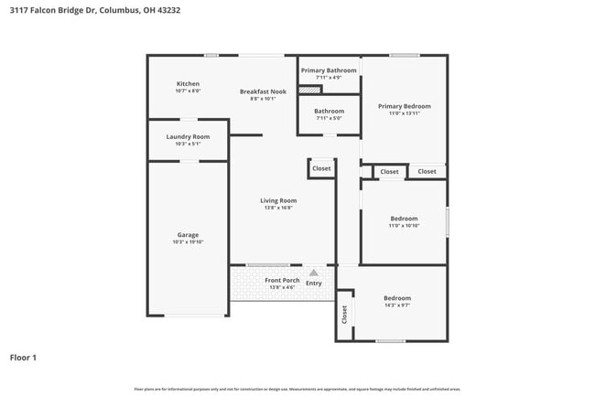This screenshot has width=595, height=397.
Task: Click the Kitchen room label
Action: pos(188,84)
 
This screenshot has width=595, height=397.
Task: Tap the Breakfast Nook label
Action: pos(263,91)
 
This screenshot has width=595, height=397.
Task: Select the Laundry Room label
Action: pos(188,137)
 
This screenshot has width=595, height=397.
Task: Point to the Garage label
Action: pos(188,235)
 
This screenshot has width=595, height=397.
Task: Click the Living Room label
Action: pos(278,200)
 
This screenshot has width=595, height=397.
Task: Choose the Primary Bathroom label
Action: pos(329,70)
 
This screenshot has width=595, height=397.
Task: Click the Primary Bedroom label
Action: pos(404,106)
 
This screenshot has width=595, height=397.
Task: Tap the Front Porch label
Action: pos(282,281)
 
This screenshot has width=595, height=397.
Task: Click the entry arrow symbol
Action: pos(314,273)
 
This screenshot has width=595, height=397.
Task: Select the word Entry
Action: pos(314,284)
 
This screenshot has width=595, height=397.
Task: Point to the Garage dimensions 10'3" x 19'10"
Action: pos(188,242)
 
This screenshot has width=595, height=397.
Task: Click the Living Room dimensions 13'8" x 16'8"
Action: pos(278,208)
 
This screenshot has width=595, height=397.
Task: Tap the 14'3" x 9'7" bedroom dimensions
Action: pos(396,306)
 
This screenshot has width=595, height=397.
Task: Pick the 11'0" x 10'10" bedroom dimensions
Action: pos(404,226)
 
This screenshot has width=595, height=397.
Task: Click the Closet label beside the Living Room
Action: pos(321,168)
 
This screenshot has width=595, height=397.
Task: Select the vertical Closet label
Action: pos(344,315)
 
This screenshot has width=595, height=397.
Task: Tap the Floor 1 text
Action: pos(23,358)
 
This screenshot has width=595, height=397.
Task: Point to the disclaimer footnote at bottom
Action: pos(297,390)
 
